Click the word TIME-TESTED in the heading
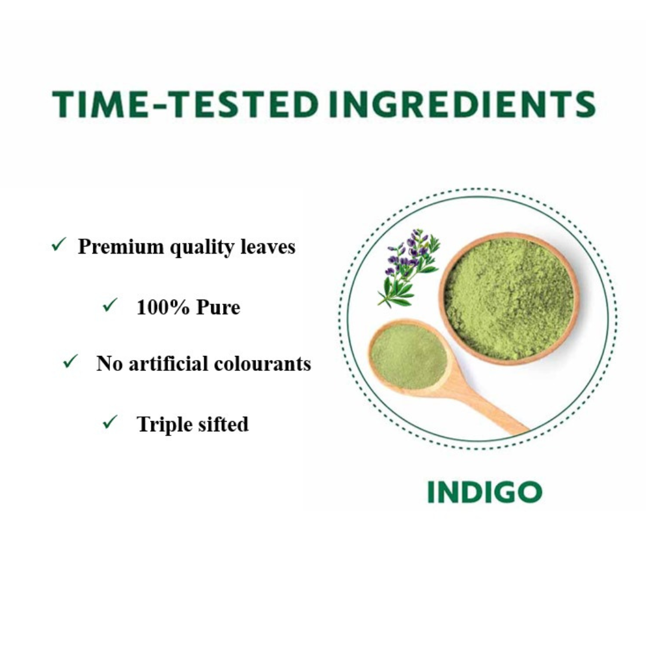pos(185,104)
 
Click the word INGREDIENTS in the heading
pos(462,104)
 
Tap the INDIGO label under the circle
pos(484,492)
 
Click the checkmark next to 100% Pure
pos(110,305)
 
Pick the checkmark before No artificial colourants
pos(71,361)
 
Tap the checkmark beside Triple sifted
pos(110,422)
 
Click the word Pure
pos(218,307)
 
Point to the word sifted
pos(223,424)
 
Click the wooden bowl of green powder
pos(509,298)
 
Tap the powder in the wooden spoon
pos(407,356)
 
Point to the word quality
pos(202,247)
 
